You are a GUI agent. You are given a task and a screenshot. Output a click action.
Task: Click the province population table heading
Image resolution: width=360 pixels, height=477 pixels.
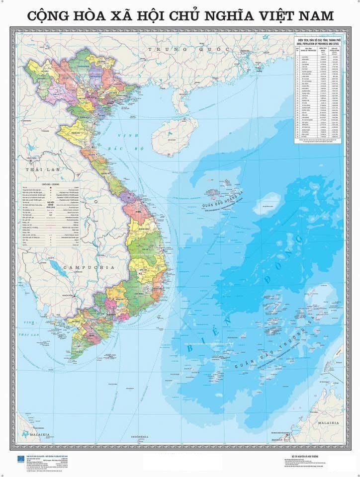tap(318, 40)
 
